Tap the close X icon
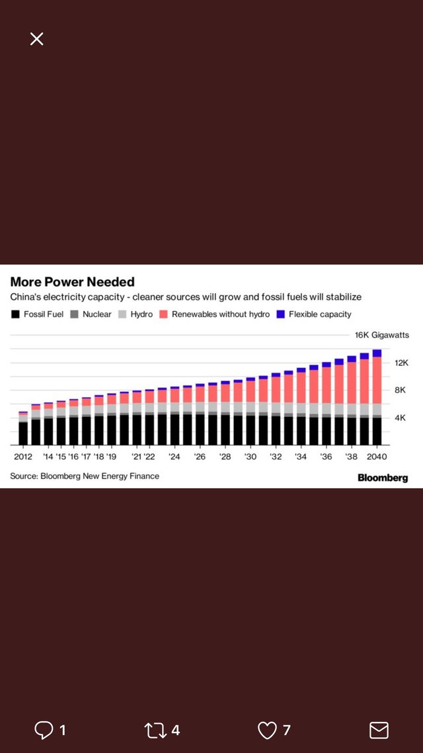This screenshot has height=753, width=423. tap(37, 39)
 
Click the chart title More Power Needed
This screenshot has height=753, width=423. tap(72, 282)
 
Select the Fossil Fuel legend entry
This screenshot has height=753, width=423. tap(38, 314)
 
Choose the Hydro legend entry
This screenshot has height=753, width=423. tap(135, 314)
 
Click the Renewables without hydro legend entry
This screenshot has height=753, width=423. tap(214, 314)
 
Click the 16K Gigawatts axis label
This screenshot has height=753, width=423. tap(382, 335)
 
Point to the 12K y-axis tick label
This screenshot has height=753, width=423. tap(402, 363)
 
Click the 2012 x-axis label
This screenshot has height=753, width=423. tap(23, 457)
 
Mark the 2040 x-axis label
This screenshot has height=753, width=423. tap(377, 457)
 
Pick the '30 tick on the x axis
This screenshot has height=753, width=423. tap(250, 457)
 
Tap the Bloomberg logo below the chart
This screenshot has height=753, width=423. tap(383, 478)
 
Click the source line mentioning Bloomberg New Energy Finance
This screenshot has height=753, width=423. tap(85, 476)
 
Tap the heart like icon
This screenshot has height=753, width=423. tap(267, 731)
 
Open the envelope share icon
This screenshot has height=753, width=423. tap(379, 731)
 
